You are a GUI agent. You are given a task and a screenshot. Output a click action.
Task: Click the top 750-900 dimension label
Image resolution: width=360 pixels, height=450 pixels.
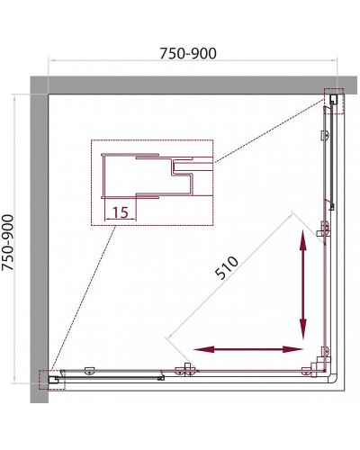pos(188,53)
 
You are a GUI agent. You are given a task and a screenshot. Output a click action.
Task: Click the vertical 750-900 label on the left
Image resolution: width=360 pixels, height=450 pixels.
pos(8,242)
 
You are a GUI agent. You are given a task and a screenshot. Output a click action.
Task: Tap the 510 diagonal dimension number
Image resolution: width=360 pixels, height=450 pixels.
pos(227,268)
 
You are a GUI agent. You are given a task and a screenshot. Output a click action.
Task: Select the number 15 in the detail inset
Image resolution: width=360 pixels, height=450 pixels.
pos(121,212)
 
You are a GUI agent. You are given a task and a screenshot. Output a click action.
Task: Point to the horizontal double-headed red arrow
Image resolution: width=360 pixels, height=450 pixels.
pos(248,349)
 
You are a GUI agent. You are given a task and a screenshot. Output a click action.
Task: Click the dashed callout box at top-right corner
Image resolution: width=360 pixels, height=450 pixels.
pos(334,101)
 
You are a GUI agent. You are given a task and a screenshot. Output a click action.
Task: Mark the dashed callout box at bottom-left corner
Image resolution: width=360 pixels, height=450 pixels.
pos(52,380)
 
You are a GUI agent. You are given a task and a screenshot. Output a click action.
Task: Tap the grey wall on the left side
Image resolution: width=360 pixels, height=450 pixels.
pos(40,240)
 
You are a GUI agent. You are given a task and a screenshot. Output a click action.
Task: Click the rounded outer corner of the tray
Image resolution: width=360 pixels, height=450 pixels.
pos(334,379)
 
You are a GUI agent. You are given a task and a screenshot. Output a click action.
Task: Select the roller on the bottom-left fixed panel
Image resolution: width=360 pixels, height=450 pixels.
pos(89,371)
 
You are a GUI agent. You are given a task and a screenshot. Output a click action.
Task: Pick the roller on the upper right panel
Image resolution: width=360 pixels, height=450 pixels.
pos(324,135)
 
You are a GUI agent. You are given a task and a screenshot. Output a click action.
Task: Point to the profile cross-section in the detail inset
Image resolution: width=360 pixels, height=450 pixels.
pos(147,175)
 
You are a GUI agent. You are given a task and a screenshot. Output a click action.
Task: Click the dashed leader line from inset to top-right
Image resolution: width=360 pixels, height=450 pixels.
pos(270,131)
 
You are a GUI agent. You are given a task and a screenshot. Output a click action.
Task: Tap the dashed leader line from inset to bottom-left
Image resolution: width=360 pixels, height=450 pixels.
pos(83,298)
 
